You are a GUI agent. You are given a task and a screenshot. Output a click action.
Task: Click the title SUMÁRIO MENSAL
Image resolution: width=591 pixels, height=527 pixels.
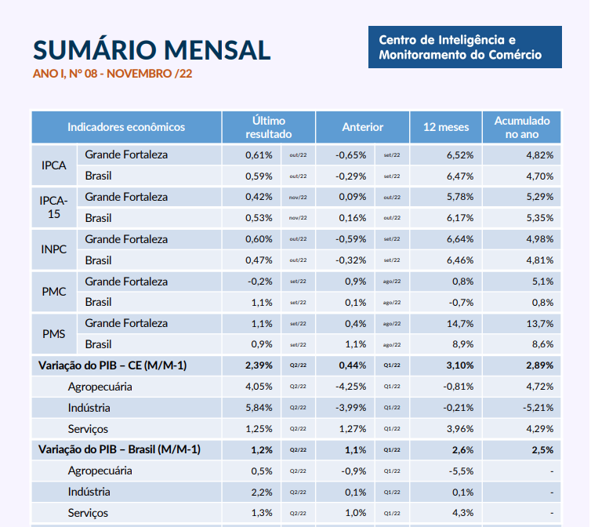(x=151, y=49)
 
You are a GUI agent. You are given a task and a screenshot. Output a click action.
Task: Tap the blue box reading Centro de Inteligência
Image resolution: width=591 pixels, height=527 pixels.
(x=465, y=47)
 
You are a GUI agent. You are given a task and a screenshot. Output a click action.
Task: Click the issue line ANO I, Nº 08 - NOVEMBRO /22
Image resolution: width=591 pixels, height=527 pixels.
(x=113, y=74)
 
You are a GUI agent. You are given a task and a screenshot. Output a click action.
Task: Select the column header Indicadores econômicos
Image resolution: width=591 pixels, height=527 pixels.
(x=126, y=127)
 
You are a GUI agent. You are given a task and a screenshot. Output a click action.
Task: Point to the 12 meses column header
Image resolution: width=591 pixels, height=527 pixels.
(x=446, y=127)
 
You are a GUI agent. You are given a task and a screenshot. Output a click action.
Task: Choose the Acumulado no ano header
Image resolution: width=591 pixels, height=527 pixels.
(x=521, y=127)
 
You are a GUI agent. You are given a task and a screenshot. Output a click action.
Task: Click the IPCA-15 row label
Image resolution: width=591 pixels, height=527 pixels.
(x=53, y=207)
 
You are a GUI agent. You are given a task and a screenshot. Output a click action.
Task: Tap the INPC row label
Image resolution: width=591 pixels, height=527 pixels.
(x=53, y=249)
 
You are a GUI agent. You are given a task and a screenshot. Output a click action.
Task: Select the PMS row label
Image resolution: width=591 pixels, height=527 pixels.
(x=53, y=334)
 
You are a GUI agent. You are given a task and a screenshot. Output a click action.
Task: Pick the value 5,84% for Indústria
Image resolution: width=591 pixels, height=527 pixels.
(x=259, y=408)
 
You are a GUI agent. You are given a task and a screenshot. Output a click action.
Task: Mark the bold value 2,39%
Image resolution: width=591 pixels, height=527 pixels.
(x=259, y=365)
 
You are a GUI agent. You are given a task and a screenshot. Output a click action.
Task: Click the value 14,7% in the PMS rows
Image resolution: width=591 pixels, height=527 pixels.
(x=460, y=323)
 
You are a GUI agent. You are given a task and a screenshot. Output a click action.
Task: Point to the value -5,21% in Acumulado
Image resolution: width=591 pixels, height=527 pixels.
(x=538, y=408)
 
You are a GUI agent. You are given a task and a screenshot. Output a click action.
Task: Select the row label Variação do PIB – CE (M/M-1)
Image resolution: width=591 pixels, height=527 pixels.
(x=113, y=365)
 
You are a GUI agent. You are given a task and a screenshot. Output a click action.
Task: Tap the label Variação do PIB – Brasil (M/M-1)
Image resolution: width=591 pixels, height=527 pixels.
(x=119, y=450)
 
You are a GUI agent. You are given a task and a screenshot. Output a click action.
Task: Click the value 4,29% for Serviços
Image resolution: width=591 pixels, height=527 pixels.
(x=540, y=429)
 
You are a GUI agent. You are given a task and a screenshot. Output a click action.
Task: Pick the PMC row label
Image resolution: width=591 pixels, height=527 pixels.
(x=53, y=292)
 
